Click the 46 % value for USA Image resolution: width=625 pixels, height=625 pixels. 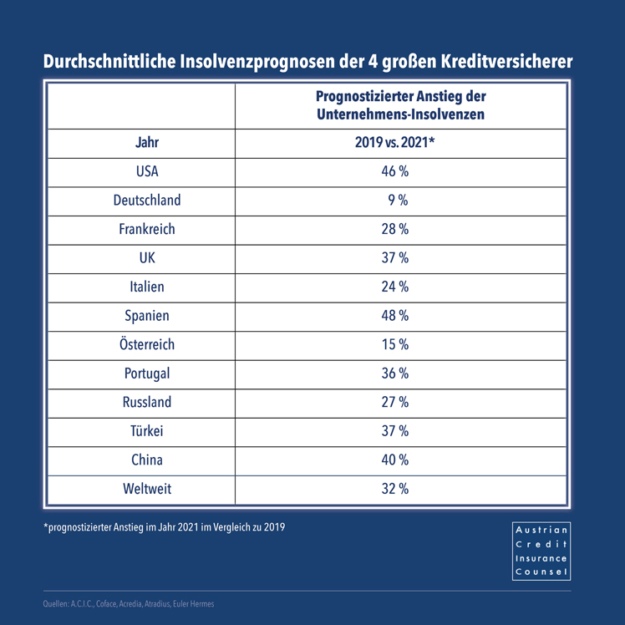pyautogui.click(x=394, y=172)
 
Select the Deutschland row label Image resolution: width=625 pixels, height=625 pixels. pyautogui.click(x=147, y=201)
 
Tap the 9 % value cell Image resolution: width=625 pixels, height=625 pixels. pyautogui.click(x=394, y=201)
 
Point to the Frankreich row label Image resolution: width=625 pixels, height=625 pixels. pyautogui.click(x=147, y=229)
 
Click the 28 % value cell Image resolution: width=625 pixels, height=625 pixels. pyautogui.click(x=394, y=229)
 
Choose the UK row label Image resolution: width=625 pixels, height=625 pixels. pyautogui.click(x=147, y=258)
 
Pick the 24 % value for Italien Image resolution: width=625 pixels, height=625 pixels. pyautogui.click(x=394, y=287)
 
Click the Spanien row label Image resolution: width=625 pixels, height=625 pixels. pyautogui.click(x=147, y=316)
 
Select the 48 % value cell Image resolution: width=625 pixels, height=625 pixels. pyautogui.click(x=394, y=316)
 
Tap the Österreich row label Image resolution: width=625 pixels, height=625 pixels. pyautogui.click(x=147, y=344)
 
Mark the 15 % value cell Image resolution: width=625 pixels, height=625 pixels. pyautogui.click(x=394, y=344)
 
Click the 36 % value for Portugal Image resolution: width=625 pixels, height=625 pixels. pyautogui.click(x=394, y=373)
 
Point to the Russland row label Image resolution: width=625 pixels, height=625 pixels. pyautogui.click(x=147, y=402)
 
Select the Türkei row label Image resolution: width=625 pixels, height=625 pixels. pyautogui.click(x=147, y=431)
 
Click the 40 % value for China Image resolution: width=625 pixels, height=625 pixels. pyautogui.click(x=394, y=460)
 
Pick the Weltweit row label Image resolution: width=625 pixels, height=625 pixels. pyautogui.click(x=147, y=489)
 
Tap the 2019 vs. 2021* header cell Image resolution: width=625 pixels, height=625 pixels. pyautogui.click(x=394, y=143)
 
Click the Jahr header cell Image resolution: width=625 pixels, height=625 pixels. pyautogui.click(x=147, y=143)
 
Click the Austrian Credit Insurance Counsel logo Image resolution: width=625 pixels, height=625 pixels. pyautogui.click(x=541, y=551)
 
